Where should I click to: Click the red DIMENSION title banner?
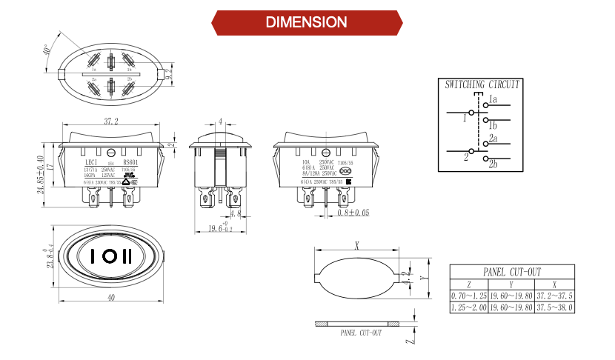[307, 22]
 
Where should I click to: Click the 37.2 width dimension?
[111, 121]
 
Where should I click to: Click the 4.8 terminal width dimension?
[236, 214]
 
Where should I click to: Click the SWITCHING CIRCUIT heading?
[482, 85]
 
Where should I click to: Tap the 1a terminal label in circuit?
[493, 99]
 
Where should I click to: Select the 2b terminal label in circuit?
[493, 164]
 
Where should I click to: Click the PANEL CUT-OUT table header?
[513, 272]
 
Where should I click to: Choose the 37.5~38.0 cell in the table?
[555, 307]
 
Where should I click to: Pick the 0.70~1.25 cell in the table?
[468, 296]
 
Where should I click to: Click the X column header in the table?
[555, 284]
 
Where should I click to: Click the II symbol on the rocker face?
[128, 256]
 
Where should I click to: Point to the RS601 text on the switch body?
[130, 161]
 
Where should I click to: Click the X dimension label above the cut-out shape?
[356, 244]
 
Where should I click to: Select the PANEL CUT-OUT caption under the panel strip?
[361, 333]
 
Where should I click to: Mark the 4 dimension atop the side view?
[220, 121]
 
